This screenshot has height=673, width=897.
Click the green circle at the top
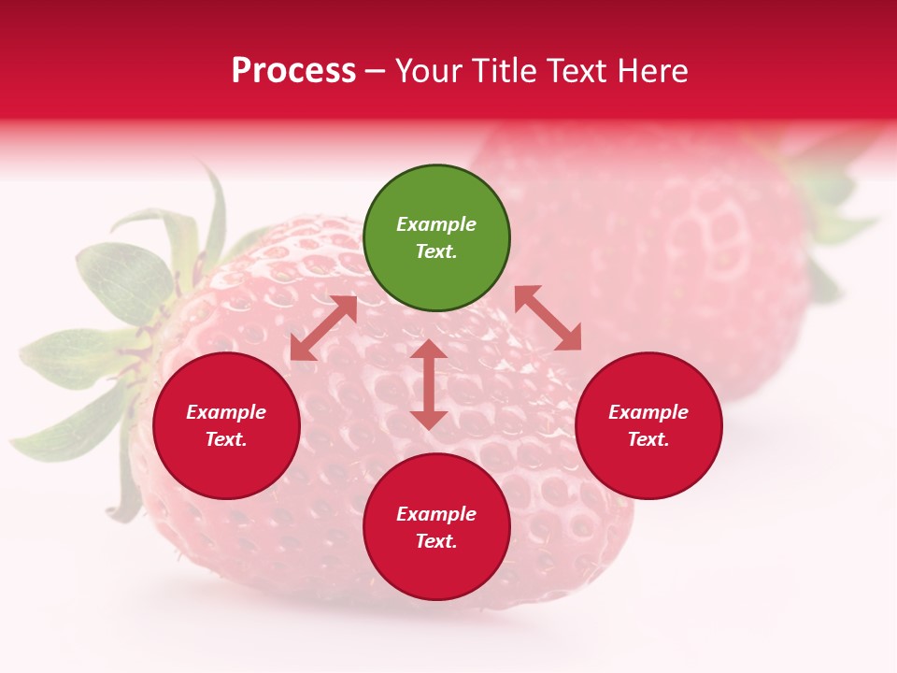pos(436,238)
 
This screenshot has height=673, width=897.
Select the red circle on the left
pos(226,426)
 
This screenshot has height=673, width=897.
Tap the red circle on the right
pos(648,426)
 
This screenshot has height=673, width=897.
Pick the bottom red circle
pos(436,527)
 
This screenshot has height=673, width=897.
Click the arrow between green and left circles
pos(323,328)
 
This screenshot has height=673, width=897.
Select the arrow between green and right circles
pos(548,318)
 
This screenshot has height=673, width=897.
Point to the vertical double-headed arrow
pos(428,384)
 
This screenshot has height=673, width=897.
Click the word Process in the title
pos(293,71)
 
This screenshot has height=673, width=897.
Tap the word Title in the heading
pos(505,71)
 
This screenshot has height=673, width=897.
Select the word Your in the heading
pos(429,71)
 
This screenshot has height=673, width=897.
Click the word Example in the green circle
pos(436,224)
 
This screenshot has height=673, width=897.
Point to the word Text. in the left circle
pos(226,439)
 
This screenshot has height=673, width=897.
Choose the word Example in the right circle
pos(648,412)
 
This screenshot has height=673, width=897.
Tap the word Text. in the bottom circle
pos(436,541)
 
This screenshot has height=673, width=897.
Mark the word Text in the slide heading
pos(577,71)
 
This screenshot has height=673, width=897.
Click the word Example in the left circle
pos(226,412)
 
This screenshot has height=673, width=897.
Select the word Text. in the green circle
pos(436,251)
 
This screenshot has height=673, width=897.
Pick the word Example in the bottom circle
pos(436,514)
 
